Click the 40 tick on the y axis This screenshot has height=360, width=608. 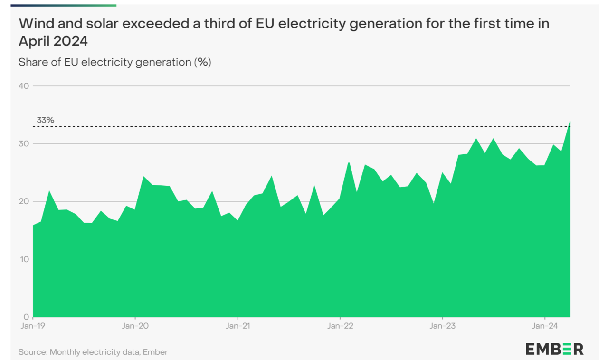(24, 86)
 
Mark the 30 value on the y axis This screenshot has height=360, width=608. (24, 143)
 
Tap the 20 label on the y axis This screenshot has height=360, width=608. (24, 201)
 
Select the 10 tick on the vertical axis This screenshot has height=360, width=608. (24, 259)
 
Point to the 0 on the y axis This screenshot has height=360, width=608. (26, 317)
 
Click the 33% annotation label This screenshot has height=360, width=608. (46, 120)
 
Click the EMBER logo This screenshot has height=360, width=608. (554, 349)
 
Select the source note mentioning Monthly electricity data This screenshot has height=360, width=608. (93, 352)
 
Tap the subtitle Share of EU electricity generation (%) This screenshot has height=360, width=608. (114, 62)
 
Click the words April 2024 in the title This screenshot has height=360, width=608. (53, 41)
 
